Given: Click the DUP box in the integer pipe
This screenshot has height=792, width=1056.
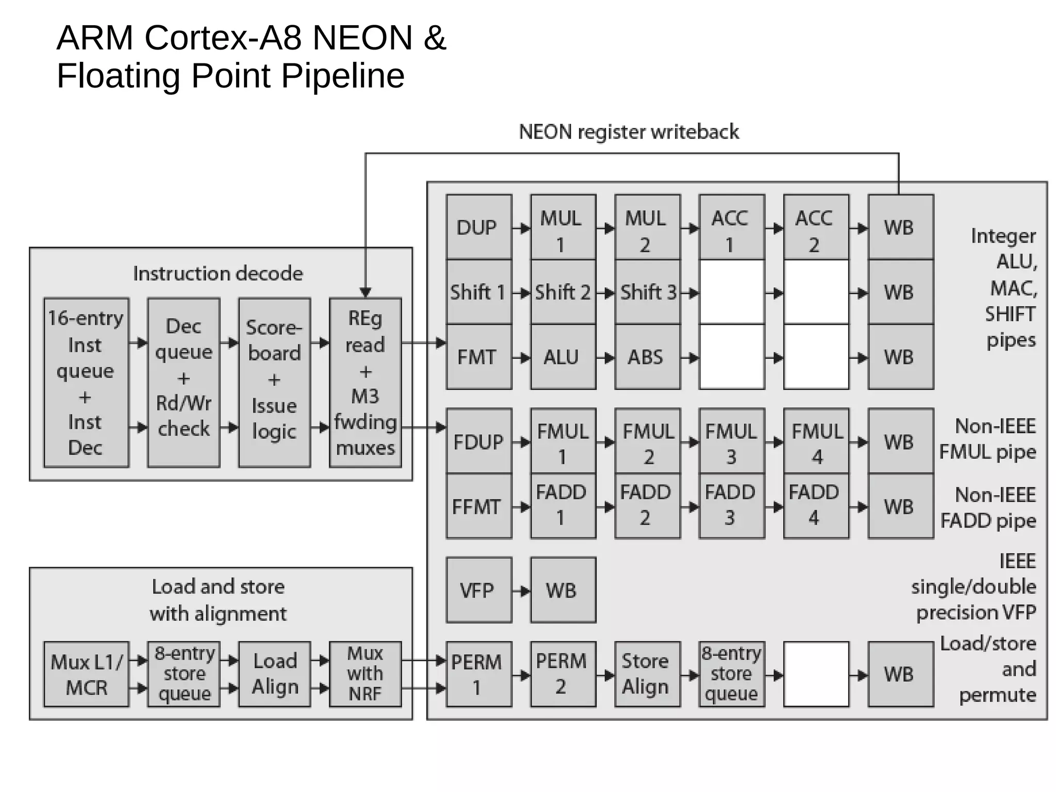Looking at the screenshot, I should point(478,227).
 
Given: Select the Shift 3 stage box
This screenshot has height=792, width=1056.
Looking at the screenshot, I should point(647,292).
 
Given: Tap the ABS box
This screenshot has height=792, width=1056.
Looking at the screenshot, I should point(647,357).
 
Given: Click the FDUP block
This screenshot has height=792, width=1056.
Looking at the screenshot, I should point(478,441).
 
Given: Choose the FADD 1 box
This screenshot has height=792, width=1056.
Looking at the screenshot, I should point(563,505).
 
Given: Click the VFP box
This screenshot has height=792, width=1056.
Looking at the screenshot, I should point(478,590).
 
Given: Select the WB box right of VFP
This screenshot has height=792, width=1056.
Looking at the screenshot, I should point(563,590).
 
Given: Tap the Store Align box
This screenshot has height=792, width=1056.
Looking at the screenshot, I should point(647,674).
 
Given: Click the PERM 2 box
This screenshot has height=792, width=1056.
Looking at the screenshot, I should point(563,674).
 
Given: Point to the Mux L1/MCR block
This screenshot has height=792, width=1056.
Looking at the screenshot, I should point(86,674).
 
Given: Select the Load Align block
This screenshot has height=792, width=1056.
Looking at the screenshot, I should point(274,674).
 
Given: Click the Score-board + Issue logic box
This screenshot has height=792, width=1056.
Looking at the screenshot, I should point(274,382).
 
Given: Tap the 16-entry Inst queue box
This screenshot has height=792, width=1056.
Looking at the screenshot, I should point(86,382).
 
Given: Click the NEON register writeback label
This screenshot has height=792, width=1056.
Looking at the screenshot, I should point(629,132).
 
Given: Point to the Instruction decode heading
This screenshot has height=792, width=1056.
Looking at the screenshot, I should point(218,273).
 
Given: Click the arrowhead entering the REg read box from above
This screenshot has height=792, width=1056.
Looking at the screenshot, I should point(365,292).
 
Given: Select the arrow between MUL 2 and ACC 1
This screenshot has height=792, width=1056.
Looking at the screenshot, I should point(690,228).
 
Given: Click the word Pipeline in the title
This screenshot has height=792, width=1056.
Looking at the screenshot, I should point(342,76).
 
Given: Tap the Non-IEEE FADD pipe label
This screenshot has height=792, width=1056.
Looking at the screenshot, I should point(988,507).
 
